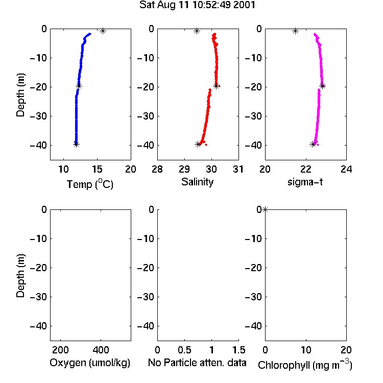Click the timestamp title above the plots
pos(197,5)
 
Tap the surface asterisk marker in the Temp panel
pos(103,31)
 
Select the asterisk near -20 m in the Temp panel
pos(79,86)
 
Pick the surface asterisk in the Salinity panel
pos(197,31)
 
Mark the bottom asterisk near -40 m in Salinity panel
pos(198,145)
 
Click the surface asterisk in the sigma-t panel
pos(296,31)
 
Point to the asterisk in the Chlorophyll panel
pos(265,209)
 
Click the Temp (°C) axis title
pos(90,184)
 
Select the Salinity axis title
pos(197,182)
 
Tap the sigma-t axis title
pos(305,182)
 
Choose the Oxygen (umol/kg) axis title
pos(90,363)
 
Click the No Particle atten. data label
pos(197,363)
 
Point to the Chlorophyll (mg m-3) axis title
pos(305,365)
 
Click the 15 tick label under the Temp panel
pos(97,169)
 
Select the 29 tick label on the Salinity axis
pos(184,169)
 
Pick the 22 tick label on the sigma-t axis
pos(306,169)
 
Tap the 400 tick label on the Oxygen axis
pos(101,350)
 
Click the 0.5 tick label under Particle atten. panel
pos(184,350)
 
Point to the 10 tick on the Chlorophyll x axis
pos(306,350)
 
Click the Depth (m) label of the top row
pos(20,95)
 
